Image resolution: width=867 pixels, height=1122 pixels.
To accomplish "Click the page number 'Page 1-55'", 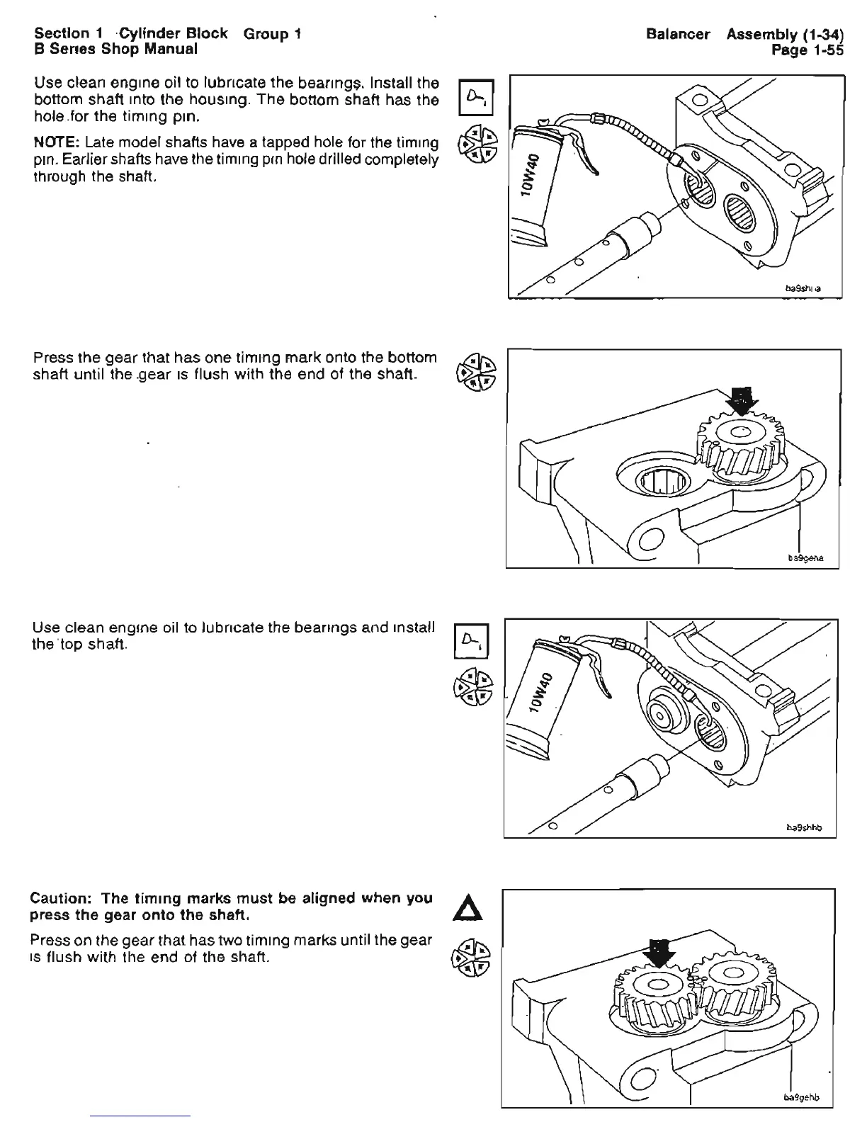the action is click(x=808, y=50).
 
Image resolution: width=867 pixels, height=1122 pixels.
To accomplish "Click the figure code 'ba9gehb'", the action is click(x=802, y=1098).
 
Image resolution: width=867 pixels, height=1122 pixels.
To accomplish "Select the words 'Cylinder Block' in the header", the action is click(x=173, y=33).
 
